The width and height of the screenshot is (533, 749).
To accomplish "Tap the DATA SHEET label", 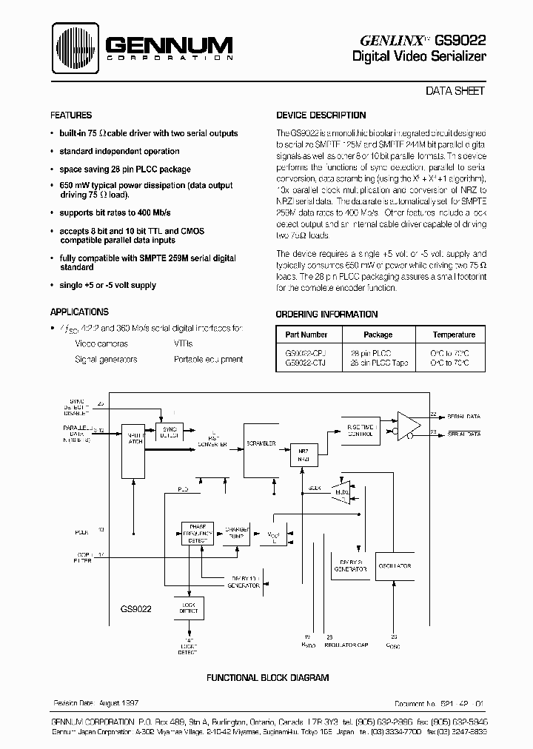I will (455, 91).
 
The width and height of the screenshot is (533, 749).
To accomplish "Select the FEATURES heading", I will (71, 115).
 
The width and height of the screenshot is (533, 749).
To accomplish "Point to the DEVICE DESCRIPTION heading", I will (321, 115).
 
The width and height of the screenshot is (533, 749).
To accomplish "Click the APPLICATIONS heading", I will (79, 312).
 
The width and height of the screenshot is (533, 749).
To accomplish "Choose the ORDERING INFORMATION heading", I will (326, 314).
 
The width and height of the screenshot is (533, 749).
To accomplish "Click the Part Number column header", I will (306, 335).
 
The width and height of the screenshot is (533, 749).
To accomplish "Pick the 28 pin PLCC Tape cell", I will (378, 363).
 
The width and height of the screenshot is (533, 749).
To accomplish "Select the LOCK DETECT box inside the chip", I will (188, 608).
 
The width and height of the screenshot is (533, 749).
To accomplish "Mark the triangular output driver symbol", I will (409, 426).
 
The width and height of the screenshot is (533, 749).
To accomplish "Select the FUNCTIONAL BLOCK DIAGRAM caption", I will (267, 678).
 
